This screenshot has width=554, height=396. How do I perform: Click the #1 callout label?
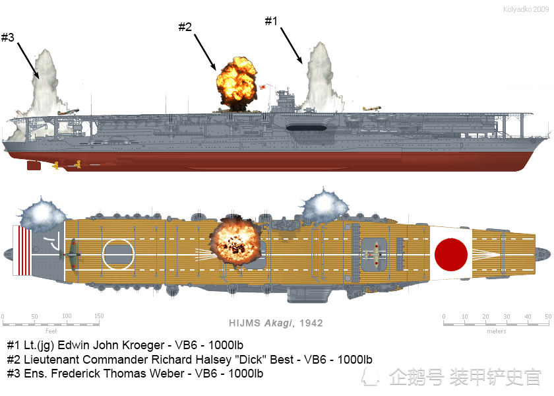click(x=271, y=21)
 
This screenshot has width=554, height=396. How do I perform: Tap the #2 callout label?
click(x=185, y=26)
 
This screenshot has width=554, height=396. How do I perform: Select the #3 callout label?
click(x=8, y=37)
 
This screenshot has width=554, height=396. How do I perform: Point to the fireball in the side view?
click(x=236, y=83)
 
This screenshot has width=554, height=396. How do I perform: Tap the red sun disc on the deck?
click(x=451, y=255)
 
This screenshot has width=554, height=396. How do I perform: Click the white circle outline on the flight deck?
click(x=118, y=254)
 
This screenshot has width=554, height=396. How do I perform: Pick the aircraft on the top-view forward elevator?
click(x=374, y=255)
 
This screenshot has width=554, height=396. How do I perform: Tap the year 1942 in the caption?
click(x=311, y=323)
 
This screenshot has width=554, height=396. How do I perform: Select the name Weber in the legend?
click(x=168, y=374)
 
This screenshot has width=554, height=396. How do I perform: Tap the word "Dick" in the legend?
click(x=251, y=359)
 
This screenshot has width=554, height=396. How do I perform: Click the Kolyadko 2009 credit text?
click(x=526, y=9)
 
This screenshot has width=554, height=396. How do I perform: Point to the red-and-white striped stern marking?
click(x=22, y=250)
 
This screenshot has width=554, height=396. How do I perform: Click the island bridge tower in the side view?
click(x=285, y=101)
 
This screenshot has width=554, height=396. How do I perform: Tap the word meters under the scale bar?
click(x=497, y=331)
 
